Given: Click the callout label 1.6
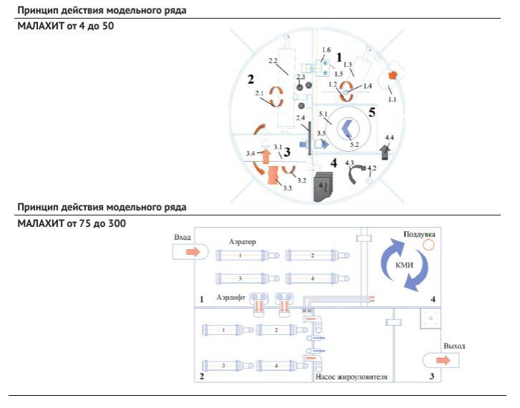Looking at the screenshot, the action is (x=327, y=50).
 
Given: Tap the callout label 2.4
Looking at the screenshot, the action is (x=300, y=118).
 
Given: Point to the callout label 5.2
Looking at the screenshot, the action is (x=355, y=145).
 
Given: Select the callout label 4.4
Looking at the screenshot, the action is (x=390, y=137).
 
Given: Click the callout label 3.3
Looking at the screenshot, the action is (x=287, y=188).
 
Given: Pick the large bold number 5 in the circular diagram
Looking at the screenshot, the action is (x=372, y=112).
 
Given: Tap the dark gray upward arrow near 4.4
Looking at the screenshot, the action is (x=385, y=152).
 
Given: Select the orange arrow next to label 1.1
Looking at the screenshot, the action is (x=393, y=75).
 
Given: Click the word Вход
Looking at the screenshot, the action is (x=183, y=238).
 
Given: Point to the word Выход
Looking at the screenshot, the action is (x=454, y=346).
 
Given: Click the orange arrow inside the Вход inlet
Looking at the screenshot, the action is (x=193, y=252).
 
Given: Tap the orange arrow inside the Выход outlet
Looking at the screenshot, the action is (x=443, y=360).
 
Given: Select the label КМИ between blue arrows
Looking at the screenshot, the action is (x=404, y=265).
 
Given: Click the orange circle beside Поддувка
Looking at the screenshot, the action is (x=428, y=245).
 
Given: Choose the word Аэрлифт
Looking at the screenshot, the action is (x=231, y=297).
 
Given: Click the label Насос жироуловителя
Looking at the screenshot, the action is (x=351, y=377).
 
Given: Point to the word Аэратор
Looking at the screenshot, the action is (x=242, y=242).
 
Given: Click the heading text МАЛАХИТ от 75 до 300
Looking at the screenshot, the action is (x=72, y=223).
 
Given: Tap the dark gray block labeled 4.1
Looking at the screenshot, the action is (x=323, y=187).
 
